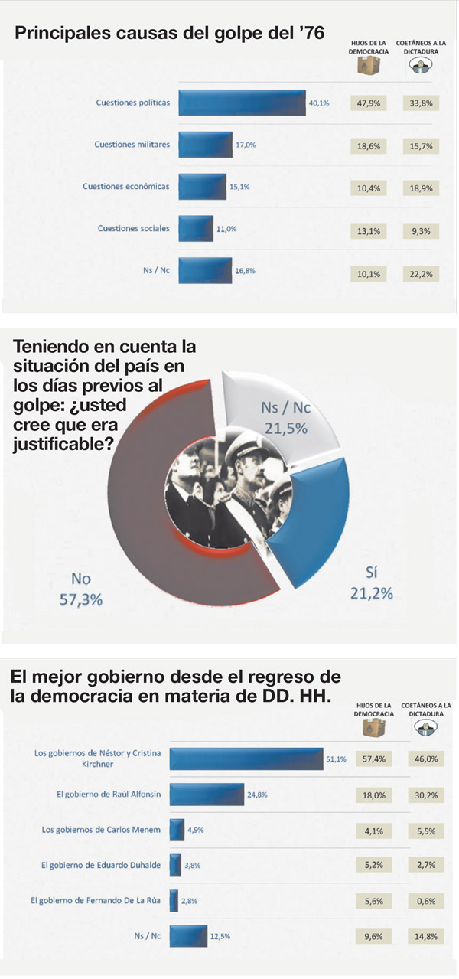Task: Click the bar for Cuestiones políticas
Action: pyautogui.click(x=242, y=103)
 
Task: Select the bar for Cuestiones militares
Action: pyautogui.click(x=205, y=144)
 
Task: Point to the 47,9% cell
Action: pyautogui.click(x=370, y=103)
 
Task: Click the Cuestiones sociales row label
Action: pyautogui.click(x=134, y=228)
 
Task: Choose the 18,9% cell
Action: pyautogui.click(x=422, y=186)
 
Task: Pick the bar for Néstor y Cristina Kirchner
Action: pyautogui.click(x=246, y=759)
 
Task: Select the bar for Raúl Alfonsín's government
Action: pyautogui.click(x=207, y=795)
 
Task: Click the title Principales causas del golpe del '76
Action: pyautogui.click(x=169, y=33)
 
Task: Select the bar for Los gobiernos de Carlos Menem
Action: pyautogui.click(x=177, y=830)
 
